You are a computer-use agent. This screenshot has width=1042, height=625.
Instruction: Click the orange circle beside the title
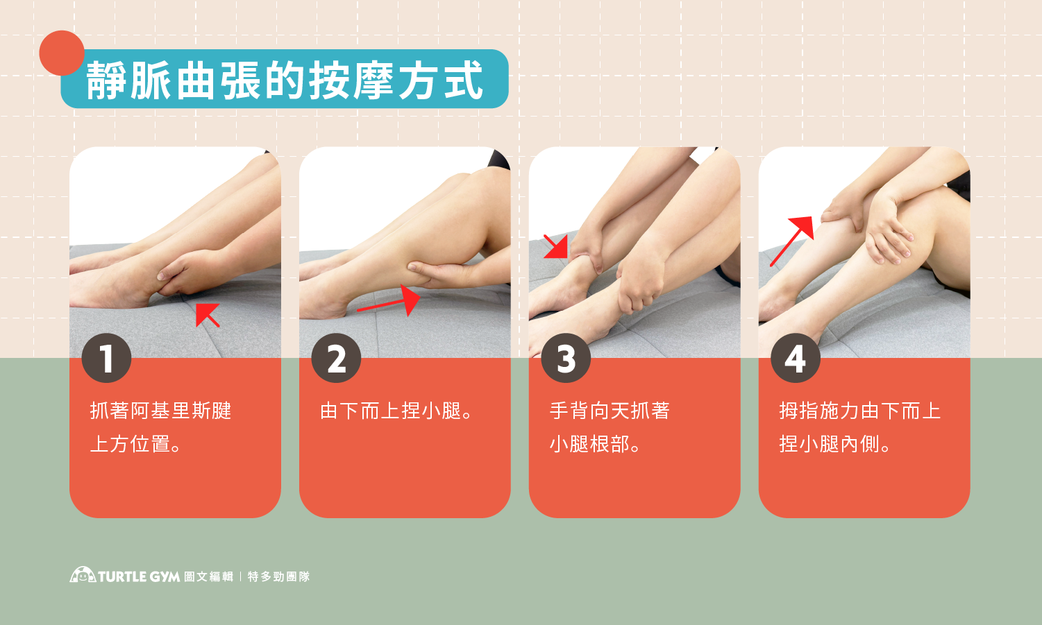click(x=62, y=53)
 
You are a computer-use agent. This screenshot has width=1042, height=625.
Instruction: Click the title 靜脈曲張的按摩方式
click(x=285, y=80)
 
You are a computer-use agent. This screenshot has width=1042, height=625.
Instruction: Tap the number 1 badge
click(x=106, y=358)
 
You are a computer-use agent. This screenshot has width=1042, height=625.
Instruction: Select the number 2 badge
click(x=336, y=358)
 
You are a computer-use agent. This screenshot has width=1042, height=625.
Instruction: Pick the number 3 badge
click(x=566, y=358)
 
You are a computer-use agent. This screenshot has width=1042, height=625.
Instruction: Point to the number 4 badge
click(x=796, y=358)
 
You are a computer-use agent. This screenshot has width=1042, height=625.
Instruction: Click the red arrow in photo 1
click(x=208, y=315)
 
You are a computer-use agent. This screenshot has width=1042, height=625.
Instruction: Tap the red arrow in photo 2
click(x=389, y=301)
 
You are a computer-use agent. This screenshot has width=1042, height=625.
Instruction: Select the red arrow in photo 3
click(x=556, y=246)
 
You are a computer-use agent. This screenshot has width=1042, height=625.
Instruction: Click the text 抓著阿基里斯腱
click(x=160, y=411)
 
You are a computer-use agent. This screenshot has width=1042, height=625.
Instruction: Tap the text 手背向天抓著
click(x=610, y=411)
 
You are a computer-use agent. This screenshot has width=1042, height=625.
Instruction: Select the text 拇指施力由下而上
click(x=859, y=411)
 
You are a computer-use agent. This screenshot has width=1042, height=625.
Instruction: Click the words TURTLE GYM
click(x=139, y=576)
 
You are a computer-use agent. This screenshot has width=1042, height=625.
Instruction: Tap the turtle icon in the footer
click(x=83, y=574)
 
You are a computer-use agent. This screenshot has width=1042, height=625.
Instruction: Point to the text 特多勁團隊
click(x=278, y=576)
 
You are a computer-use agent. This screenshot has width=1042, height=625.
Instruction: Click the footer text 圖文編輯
click(x=208, y=576)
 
